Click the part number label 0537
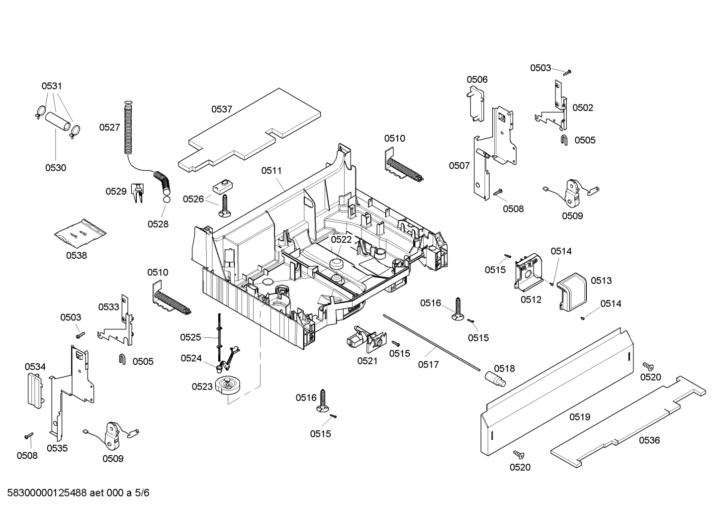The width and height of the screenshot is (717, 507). point(222,109)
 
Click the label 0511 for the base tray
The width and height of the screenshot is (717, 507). point(271,171)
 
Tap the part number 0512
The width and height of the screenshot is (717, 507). point(531,300)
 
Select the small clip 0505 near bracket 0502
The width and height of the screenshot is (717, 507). point(565,140)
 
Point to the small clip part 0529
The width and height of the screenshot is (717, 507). point(137,193)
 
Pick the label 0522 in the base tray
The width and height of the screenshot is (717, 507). point(341,239)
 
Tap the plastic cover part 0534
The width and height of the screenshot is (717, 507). point(35,390)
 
